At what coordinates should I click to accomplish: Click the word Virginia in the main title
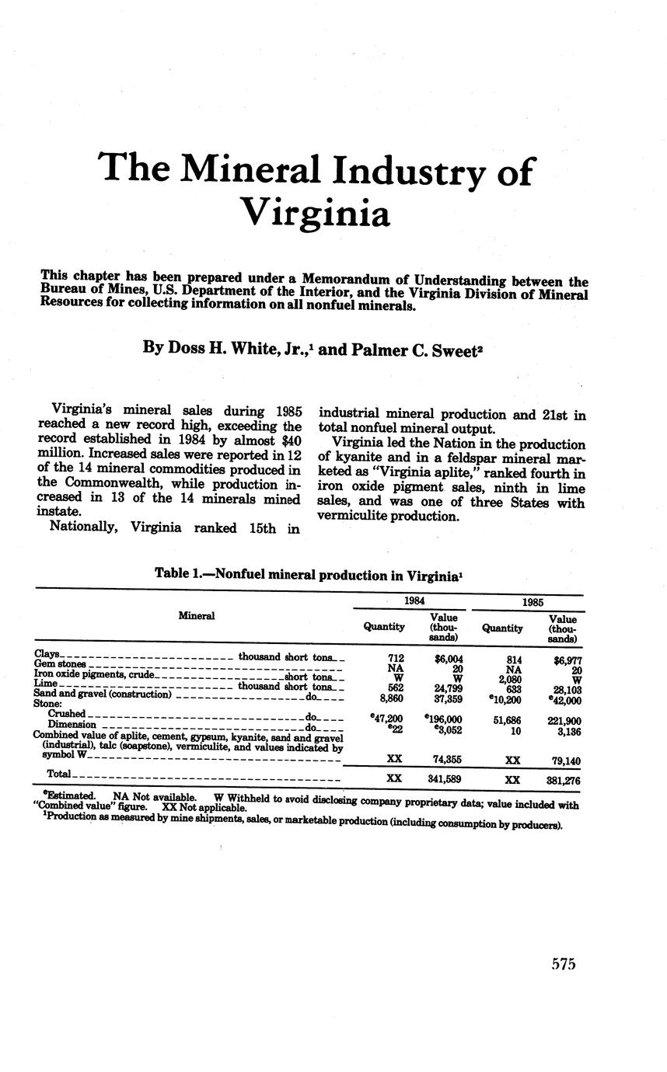click(314, 212)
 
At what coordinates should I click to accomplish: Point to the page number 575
click(563, 964)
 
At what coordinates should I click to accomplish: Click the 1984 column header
click(409, 601)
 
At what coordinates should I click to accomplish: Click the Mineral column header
click(196, 616)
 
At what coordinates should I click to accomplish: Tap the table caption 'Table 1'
click(180, 574)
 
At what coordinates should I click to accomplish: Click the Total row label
click(59, 774)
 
